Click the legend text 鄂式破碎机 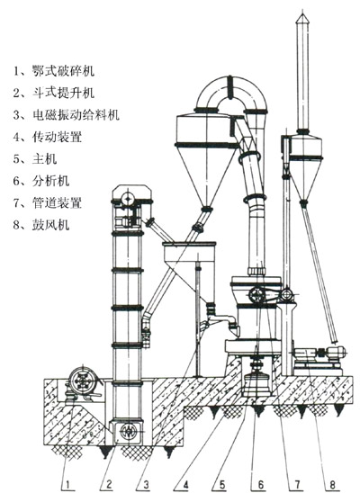(x=63, y=71)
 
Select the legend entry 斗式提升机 (x=63, y=93)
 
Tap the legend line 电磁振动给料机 (x=76, y=115)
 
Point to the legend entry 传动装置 (x=57, y=137)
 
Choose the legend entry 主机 (x=44, y=158)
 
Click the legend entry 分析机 (x=50, y=181)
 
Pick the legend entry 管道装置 (x=57, y=202)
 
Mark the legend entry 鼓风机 (x=50, y=225)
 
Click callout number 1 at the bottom (x=70, y=485)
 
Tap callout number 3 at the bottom (x=146, y=485)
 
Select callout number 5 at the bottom (x=222, y=485)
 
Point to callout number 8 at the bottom (x=332, y=485)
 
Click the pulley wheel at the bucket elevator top (x=128, y=199)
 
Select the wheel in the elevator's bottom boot (x=128, y=432)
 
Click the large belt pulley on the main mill (x=256, y=296)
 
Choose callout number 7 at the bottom (x=296, y=485)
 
